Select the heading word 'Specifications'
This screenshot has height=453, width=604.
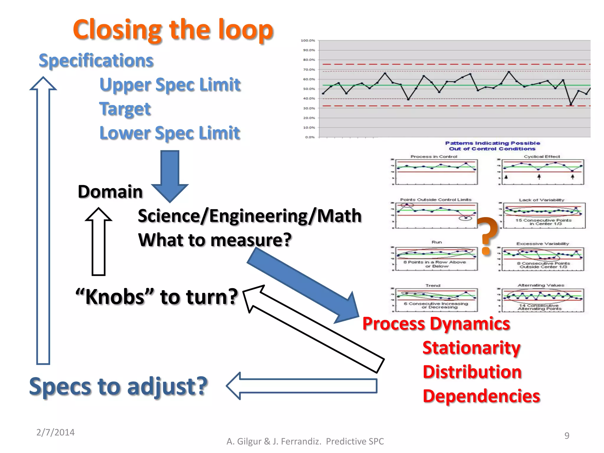[x=96, y=60]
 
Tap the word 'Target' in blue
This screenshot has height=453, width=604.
[x=125, y=109]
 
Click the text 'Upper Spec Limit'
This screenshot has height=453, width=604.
[x=170, y=85]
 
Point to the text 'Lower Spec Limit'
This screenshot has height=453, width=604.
[x=170, y=133]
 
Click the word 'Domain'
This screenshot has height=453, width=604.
[x=110, y=192]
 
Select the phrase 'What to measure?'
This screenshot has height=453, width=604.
[x=215, y=240]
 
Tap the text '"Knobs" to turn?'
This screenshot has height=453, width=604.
[x=156, y=297]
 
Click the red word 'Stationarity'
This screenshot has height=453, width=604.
[x=471, y=348]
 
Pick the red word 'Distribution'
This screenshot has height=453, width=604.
[x=472, y=372]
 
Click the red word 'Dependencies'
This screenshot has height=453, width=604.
[x=481, y=396]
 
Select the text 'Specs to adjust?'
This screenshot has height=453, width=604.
[x=118, y=386]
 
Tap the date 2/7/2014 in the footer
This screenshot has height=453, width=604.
[x=55, y=432]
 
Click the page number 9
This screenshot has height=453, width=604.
[x=567, y=436]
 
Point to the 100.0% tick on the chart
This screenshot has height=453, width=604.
[x=308, y=40]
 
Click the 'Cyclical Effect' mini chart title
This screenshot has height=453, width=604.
[x=541, y=157]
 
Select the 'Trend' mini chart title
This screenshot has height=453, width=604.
[x=433, y=285]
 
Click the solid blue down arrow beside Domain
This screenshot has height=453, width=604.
[x=170, y=175]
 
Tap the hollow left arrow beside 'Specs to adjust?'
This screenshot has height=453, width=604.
[x=301, y=386]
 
